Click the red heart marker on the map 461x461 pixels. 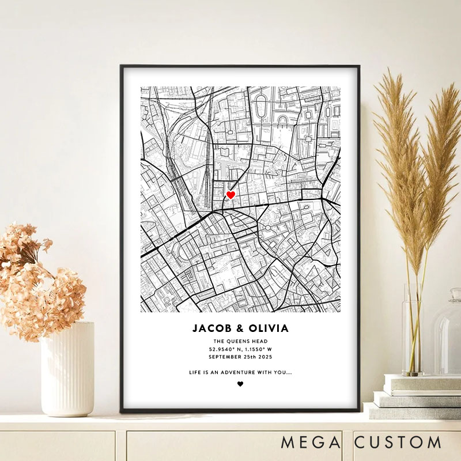231,195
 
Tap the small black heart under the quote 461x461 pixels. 240,384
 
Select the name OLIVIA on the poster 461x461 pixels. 268,329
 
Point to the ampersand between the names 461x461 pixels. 240,329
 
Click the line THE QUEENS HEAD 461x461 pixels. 240,341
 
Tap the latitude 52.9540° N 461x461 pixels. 225,349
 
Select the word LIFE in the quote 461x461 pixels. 196,372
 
